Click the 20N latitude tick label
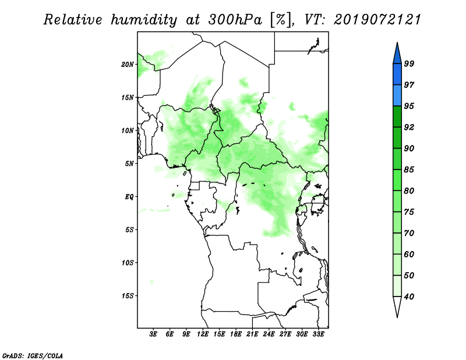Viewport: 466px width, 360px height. (x=128, y=65)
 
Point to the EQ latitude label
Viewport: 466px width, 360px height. (x=129, y=197)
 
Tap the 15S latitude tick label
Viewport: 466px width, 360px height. (x=128, y=296)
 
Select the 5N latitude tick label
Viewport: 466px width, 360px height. (x=129, y=164)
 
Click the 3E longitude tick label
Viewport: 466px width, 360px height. (x=153, y=334)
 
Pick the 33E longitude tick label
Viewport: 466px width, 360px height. (x=318, y=334)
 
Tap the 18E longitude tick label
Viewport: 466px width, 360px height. (x=236, y=334)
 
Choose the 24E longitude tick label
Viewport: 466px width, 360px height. (x=269, y=334)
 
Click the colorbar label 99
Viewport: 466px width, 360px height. (x=409, y=63)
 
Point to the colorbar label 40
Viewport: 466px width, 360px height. (x=409, y=297)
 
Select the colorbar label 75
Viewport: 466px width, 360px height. (x=409, y=212)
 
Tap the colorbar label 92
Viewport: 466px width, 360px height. (x=409, y=127)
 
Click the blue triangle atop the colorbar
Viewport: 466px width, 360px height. (x=397, y=55)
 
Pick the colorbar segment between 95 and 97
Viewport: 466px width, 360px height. (x=397, y=96)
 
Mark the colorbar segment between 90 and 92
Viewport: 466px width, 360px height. (x=397, y=137)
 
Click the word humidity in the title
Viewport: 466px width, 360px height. (x=144, y=20)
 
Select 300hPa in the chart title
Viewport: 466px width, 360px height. (x=235, y=20)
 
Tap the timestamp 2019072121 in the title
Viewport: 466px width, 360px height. (x=377, y=20)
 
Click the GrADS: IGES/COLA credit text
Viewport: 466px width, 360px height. (x=33, y=355)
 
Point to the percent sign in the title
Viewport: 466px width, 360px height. (x=280, y=20)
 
